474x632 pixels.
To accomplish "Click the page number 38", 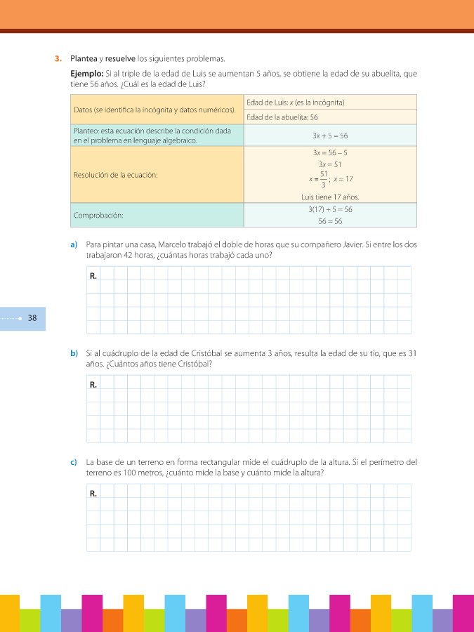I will pyautogui.click(x=32, y=318).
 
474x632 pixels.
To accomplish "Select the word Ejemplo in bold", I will pyautogui.click(x=87, y=73).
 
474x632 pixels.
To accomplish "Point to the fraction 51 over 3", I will pyautogui.click(x=324, y=179).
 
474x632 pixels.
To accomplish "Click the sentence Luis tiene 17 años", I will pyautogui.click(x=330, y=197).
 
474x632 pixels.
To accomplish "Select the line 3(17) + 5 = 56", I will pyautogui.click(x=330, y=209).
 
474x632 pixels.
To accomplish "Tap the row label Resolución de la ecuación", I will pyautogui.click(x=115, y=175).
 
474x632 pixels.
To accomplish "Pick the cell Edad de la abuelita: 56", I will pyautogui.click(x=282, y=117).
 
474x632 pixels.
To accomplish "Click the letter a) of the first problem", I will pyautogui.click(x=73, y=244).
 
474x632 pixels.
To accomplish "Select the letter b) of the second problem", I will pyautogui.click(x=73, y=353).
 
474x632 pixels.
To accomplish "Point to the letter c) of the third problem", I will pyautogui.click(x=73, y=462).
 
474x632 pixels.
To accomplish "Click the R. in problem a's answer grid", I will pyautogui.click(x=93, y=276).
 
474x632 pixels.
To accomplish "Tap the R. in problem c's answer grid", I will pyautogui.click(x=93, y=494).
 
